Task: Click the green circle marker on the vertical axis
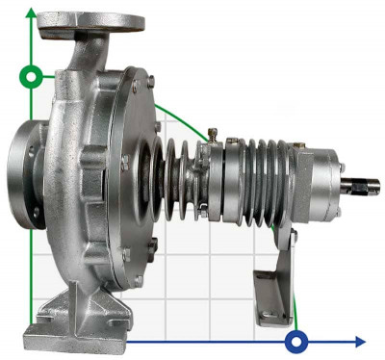click(34, 76)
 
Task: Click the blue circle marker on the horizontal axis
click(297, 341)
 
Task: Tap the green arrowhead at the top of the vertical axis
click(34, 13)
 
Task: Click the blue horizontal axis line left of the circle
click(192, 341)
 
